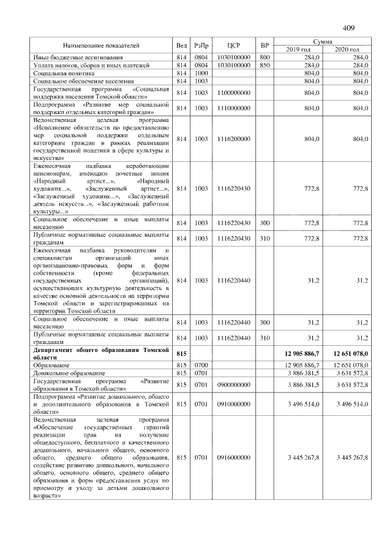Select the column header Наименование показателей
click(101, 45)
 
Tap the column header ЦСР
click(232, 45)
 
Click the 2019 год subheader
click(298, 49)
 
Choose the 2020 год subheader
click(347, 49)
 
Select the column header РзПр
click(202, 45)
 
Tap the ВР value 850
click(265, 64)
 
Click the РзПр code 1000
click(202, 72)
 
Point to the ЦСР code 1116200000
click(233, 139)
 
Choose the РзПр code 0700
click(202, 365)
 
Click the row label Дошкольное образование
click(69, 373)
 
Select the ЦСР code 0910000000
click(233, 404)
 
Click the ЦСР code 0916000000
click(233, 457)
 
